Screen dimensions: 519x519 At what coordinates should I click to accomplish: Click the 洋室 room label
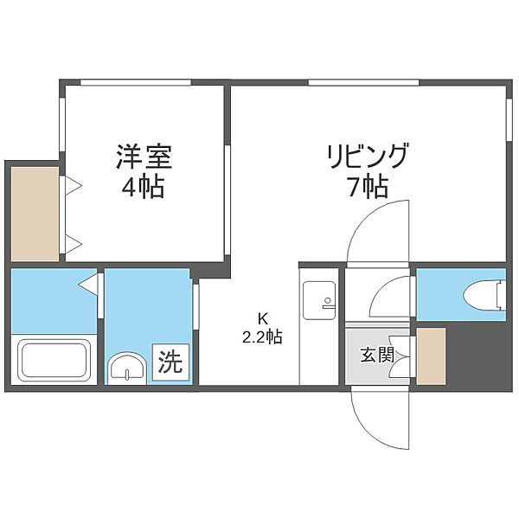click(144, 157)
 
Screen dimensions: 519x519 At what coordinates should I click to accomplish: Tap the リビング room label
click(368, 156)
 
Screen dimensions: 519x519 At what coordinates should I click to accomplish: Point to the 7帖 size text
click(368, 187)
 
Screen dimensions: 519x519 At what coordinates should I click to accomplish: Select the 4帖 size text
click(143, 187)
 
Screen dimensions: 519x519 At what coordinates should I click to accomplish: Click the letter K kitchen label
click(262, 318)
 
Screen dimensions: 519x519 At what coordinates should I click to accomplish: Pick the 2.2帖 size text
click(262, 337)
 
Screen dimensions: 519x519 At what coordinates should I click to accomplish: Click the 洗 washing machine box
click(170, 362)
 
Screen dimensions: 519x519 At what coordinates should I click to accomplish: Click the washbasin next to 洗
click(128, 368)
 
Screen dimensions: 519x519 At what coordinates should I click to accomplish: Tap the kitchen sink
click(319, 300)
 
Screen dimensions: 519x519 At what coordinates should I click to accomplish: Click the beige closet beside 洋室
click(35, 214)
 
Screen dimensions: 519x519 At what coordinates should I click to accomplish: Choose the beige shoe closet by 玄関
click(431, 356)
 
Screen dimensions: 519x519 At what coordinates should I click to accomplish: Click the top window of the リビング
click(363, 82)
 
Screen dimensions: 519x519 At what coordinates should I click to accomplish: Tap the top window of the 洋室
click(136, 82)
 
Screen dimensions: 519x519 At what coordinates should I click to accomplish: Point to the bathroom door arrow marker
click(88, 284)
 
